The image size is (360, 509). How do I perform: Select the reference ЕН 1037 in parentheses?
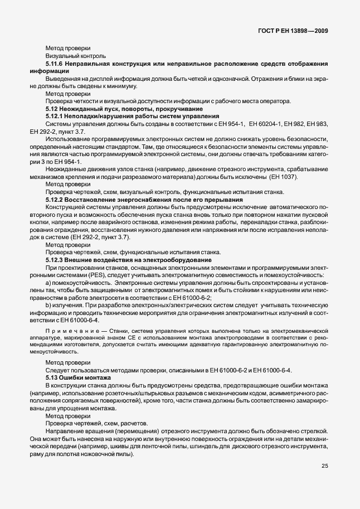pos(284,177)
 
